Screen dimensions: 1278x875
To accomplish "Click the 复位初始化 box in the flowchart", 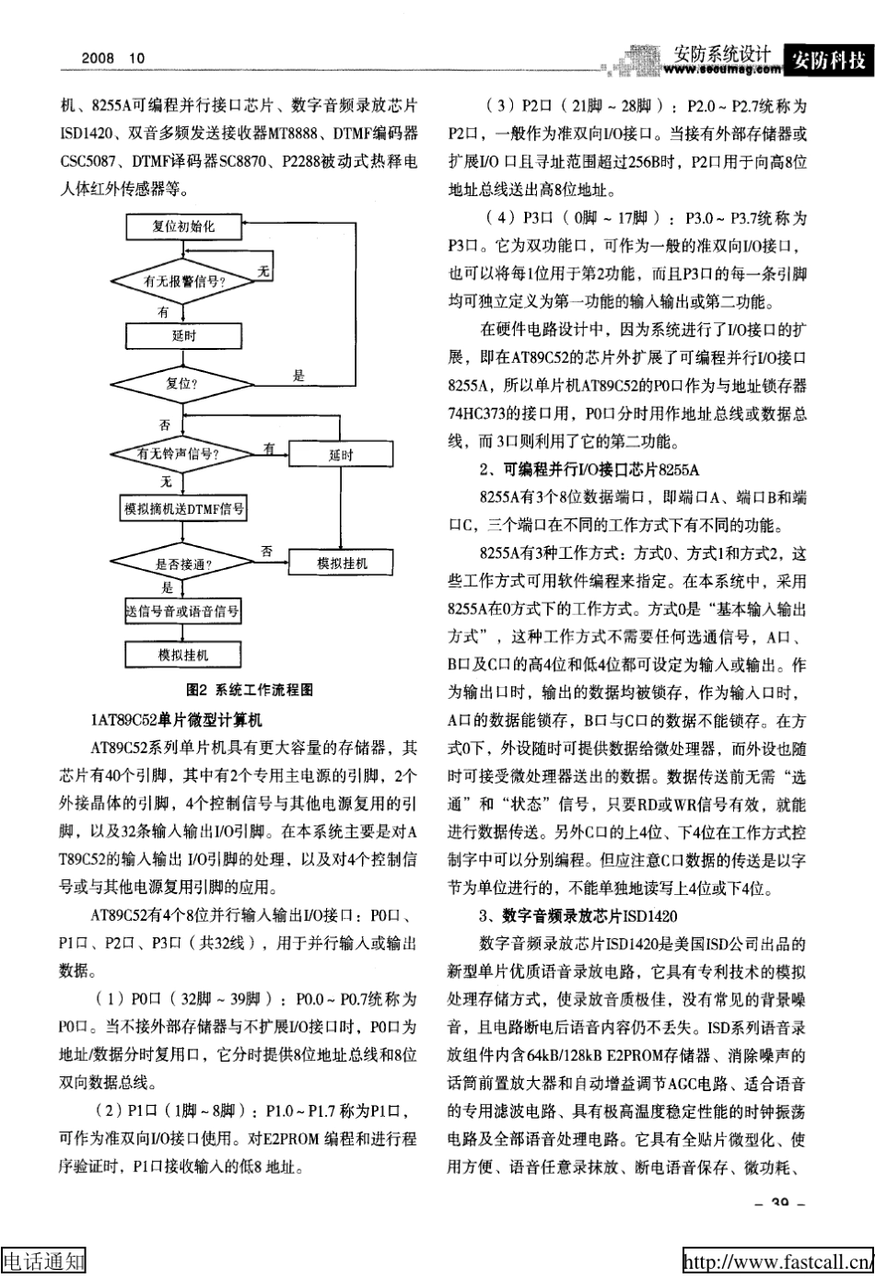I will [x=183, y=226].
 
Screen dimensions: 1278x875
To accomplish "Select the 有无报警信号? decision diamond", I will [x=183, y=281].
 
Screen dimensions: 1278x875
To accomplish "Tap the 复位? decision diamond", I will [x=183, y=383].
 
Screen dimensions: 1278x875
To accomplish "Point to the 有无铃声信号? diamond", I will [x=181, y=454].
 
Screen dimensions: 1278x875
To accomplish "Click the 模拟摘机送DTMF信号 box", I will [x=183, y=508].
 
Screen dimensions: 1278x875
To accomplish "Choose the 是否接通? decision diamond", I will [x=182, y=563].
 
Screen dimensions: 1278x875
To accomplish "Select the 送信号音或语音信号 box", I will [x=183, y=610].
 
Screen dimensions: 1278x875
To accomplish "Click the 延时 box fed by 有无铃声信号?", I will [x=341, y=455].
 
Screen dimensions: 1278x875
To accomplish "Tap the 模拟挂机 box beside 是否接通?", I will [x=341, y=563].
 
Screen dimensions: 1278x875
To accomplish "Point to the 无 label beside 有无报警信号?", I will [x=263, y=271].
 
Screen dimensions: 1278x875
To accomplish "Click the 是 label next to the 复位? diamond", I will [x=298, y=375].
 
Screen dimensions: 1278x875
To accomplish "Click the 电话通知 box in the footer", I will [x=43, y=1261].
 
